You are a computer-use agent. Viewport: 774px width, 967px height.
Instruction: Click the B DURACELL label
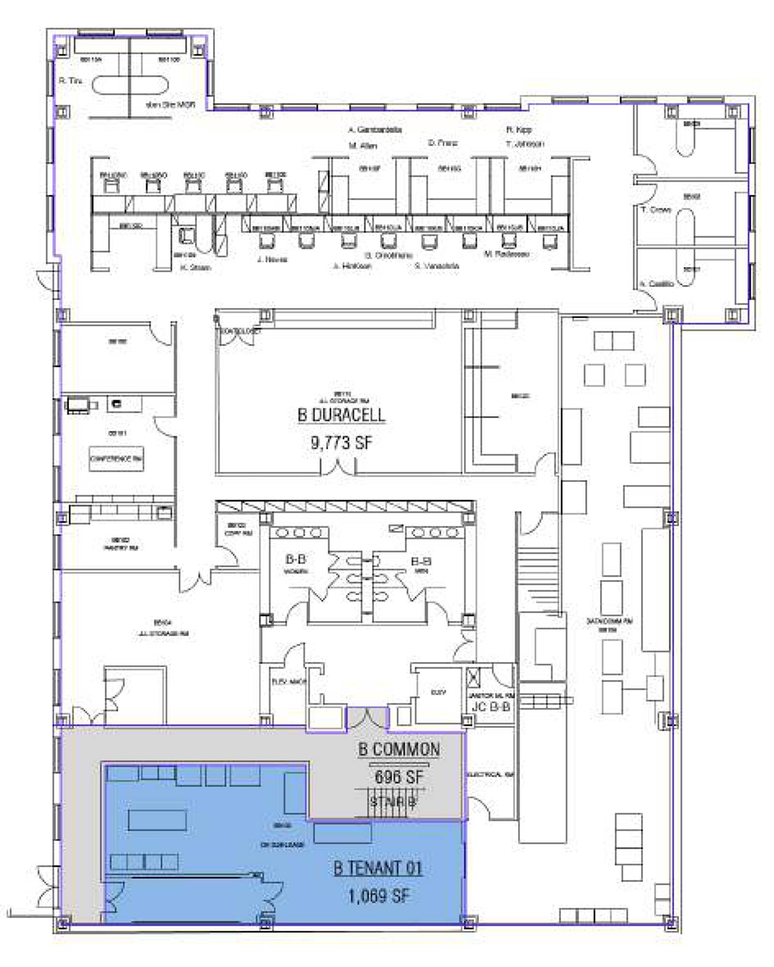coord(341,415)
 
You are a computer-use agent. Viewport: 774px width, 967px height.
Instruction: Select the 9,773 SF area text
coord(341,442)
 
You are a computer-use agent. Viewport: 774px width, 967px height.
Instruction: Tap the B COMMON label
coord(399,750)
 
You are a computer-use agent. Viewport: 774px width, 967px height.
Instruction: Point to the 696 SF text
coord(399,777)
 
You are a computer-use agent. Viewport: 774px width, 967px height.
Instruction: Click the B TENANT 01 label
coord(378,868)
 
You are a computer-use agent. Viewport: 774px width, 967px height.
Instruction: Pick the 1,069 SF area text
coord(378,896)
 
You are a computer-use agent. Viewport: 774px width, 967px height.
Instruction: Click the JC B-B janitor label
coord(491,706)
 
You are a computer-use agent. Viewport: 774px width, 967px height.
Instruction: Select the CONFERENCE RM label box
coord(116,458)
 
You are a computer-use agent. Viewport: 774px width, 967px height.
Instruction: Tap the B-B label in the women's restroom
coord(296,559)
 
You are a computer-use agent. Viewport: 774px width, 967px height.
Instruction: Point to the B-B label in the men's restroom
coord(421,561)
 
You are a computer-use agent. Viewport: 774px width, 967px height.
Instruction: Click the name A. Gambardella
coord(375,130)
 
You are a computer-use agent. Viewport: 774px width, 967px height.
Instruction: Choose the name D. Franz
coord(443,143)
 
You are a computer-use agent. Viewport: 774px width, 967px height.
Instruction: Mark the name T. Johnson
coord(525,144)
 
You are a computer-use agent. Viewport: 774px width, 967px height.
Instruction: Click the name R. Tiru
coord(70,81)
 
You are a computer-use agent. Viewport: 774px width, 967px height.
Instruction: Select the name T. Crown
coord(656,210)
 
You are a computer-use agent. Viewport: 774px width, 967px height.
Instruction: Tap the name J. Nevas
coord(272,260)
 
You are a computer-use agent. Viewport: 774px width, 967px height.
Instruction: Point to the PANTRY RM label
coord(121,548)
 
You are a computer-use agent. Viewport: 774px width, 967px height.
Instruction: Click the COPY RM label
coord(238,533)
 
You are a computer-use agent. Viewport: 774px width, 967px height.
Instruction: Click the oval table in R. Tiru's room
coord(130,86)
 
